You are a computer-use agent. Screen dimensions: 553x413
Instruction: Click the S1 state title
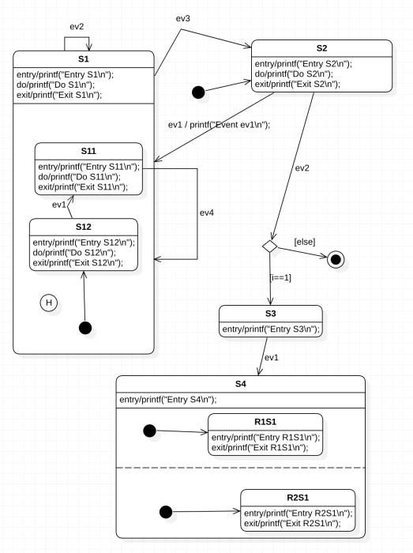click(x=84, y=58)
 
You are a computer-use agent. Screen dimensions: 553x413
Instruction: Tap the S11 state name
click(x=88, y=152)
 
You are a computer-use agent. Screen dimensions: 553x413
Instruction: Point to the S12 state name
click(x=83, y=227)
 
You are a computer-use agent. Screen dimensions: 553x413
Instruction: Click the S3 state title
click(x=271, y=313)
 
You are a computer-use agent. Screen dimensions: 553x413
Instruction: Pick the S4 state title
click(x=241, y=384)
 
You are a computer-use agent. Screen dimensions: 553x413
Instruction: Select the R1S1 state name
click(x=265, y=421)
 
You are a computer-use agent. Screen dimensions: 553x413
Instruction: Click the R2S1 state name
click(x=297, y=498)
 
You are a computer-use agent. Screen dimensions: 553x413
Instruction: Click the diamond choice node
click(x=270, y=247)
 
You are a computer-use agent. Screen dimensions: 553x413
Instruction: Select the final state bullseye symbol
click(x=336, y=259)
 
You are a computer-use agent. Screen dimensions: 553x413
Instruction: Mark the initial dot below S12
click(x=84, y=327)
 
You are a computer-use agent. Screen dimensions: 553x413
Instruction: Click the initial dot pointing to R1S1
click(x=147, y=431)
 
